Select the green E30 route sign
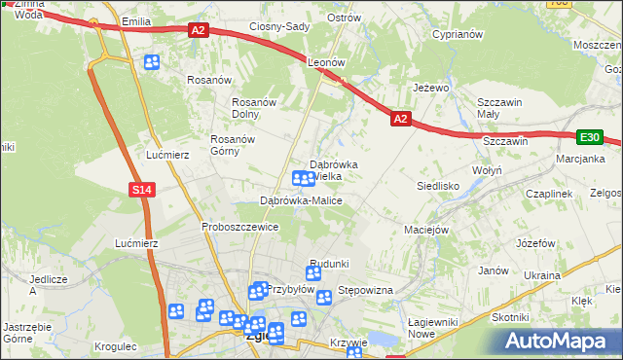tap(590, 138)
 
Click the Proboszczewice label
tap(240, 227)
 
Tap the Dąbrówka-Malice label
tap(301, 200)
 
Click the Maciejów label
tap(425, 231)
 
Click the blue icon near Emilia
tap(152, 63)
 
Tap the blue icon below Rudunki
tap(312, 275)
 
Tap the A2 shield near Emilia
tap(199, 30)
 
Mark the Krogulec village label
tap(116, 346)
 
